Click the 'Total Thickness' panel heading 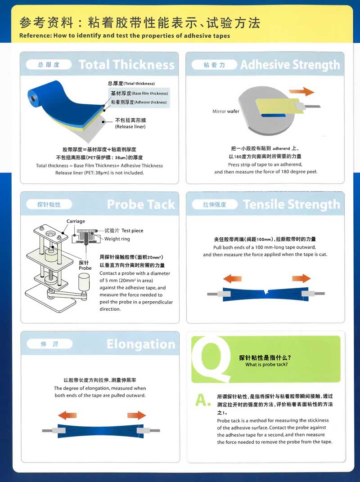126,65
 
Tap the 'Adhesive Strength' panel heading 290,65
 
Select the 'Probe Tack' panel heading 141,205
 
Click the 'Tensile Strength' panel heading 291,205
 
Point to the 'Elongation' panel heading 141,344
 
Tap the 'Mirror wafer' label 226,111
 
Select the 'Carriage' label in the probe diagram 76,221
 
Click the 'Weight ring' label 117,239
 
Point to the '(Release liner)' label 130,127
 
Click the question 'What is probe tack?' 266,365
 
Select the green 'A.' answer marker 203,399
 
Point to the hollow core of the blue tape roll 32,95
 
